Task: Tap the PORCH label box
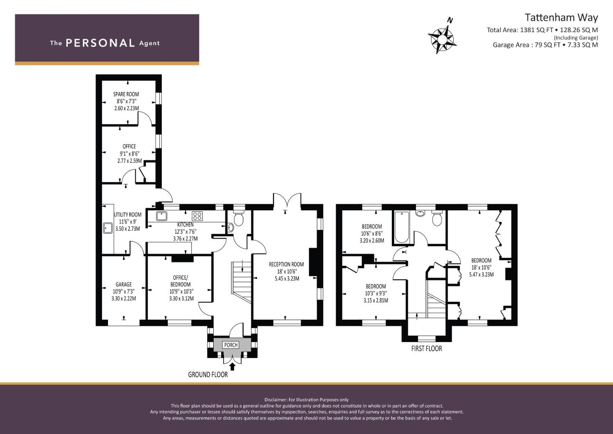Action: [231, 345]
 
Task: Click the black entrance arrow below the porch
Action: [232, 366]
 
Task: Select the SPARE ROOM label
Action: [126, 94]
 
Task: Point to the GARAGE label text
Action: [124, 285]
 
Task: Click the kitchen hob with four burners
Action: [197, 216]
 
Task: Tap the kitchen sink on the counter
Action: [162, 216]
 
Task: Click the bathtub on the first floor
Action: [401, 227]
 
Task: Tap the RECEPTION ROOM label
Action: [286, 264]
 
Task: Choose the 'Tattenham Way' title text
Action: [561, 17]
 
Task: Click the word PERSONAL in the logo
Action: [100, 43]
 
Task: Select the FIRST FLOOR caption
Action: [426, 348]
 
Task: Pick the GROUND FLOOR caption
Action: [208, 375]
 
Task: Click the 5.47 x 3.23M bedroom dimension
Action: [481, 275]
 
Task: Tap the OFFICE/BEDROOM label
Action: [180, 281]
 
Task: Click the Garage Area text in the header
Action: [545, 45]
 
